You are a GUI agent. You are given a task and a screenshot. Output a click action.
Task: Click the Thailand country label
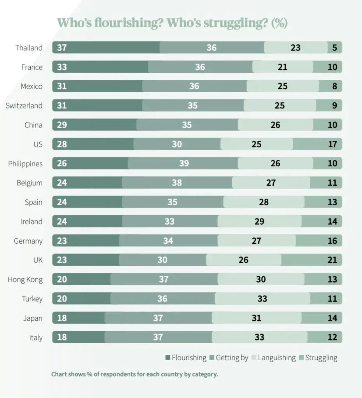coord(29,48)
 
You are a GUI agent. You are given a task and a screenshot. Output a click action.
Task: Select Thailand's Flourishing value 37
coord(62,48)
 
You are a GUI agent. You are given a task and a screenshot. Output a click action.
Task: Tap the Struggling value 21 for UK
coord(332,260)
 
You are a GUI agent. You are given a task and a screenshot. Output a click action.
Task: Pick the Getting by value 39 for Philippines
coord(184,164)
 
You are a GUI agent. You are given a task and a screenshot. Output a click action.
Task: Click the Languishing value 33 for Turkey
coord(262,299)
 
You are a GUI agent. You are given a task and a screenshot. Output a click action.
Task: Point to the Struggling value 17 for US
coord(332,145)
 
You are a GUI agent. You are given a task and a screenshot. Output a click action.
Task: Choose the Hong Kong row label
coord(25,279)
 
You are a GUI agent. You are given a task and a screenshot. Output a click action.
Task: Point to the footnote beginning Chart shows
coord(135,375)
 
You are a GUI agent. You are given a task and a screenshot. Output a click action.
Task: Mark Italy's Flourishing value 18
coord(62,337)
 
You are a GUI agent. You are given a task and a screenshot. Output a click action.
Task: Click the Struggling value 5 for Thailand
coord(335,48)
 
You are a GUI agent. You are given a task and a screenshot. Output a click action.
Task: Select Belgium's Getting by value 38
coord(177,183)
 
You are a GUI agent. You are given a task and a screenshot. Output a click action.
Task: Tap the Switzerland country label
coord(24,106)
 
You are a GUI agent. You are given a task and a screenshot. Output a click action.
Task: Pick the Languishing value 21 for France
coord(282,67)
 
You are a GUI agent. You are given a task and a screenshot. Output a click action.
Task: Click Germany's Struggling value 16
coord(332,241)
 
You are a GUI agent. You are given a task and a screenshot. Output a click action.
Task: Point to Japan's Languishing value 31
coord(256,318)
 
